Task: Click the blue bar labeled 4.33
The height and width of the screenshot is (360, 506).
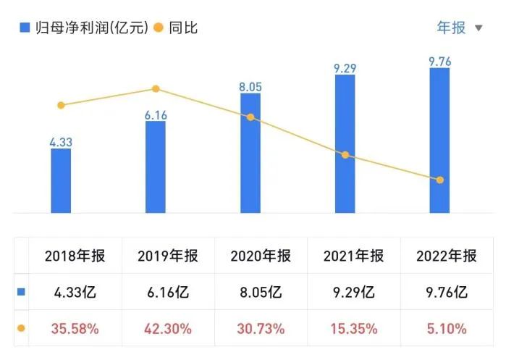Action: [x=61, y=181]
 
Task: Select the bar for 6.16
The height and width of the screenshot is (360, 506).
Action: [x=156, y=167]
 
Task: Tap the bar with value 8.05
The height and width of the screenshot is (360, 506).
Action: [x=250, y=154]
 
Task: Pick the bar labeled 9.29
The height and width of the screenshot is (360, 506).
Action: [x=345, y=144]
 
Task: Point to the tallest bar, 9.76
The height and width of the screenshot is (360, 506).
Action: [x=439, y=141]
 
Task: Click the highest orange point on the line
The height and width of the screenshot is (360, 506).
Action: [x=156, y=89]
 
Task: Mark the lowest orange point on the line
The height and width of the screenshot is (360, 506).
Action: [x=439, y=180]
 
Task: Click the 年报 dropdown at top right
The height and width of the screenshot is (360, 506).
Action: [x=459, y=28]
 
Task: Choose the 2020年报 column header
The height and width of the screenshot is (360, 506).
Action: [x=261, y=256]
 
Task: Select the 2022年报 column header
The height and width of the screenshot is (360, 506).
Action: [x=447, y=256]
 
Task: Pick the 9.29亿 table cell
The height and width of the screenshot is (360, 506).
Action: [x=354, y=293]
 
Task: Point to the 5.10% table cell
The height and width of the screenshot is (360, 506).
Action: [x=447, y=329]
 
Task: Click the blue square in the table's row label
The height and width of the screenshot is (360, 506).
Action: [x=21, y=292]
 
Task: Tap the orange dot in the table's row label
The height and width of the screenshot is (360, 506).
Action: [x=21, y=328]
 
